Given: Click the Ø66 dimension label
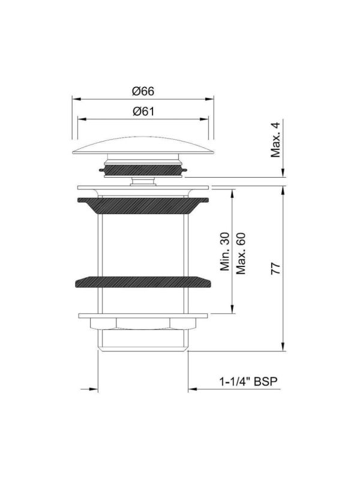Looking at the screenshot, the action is [x=143, y=91].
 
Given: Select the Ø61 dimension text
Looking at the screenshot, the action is [x=143, y=112].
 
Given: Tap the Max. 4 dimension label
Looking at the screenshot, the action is [x=275, y=140].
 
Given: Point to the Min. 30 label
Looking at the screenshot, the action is [x=225, y=251].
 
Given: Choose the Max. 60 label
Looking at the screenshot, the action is [x=241, y=253].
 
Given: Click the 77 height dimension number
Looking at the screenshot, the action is [x=275, y=268].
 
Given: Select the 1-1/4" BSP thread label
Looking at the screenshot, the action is [x=248, y=382].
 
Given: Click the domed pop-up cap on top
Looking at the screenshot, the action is [x=143, y=145].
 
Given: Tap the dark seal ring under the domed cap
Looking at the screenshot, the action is [x=143, y=170].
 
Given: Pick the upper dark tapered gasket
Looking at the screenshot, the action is [x=143, y=205].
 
